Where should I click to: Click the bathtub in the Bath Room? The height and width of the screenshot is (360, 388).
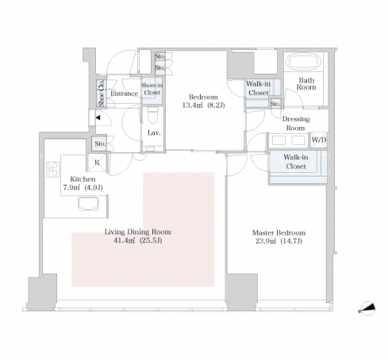tap(304, 62)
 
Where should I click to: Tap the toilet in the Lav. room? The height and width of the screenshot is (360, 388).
tap(152, 116)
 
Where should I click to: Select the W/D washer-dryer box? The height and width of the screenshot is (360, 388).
tap(319, 140)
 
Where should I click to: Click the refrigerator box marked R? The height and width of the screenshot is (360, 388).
tap(97, 163)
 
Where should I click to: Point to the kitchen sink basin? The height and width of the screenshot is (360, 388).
tap(88, 204)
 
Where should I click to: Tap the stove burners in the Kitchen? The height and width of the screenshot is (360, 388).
tap(54, 169)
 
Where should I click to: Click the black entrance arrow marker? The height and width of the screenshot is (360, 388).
tap(98, 117)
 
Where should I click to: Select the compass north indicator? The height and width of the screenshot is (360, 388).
tap(367, 308)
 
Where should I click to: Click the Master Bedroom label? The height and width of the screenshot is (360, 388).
tap(279, 233)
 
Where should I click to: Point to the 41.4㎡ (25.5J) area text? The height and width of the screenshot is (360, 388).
tap(137, 240)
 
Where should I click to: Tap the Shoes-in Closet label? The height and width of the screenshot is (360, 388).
tap(152, 89)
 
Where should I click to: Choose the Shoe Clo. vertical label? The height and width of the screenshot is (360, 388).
tap(101, 94)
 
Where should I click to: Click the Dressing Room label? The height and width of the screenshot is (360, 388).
tap(296, 124)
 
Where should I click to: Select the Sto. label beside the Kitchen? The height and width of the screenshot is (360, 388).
tap(100, 144)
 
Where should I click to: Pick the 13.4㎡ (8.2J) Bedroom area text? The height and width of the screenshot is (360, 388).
tap(203, 105)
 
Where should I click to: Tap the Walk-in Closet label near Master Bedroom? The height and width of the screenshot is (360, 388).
tap(296, 162)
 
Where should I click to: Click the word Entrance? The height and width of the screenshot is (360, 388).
tap(125, 94)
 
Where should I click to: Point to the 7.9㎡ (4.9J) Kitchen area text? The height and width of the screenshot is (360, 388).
tap(83, 188)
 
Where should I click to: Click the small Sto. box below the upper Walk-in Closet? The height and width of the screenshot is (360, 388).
tap(275, 103)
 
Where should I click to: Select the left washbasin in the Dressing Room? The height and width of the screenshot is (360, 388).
tap(279, 140)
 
